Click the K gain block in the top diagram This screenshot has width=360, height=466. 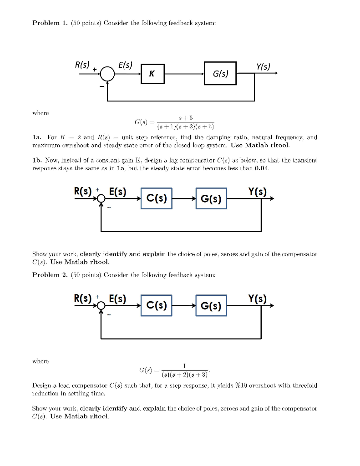pyautogui.click(x=151, y=74)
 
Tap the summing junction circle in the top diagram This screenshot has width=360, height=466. pyautogui.click(x=107, y=74)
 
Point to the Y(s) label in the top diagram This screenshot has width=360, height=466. pyautogui.click(x=263, y=67)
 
